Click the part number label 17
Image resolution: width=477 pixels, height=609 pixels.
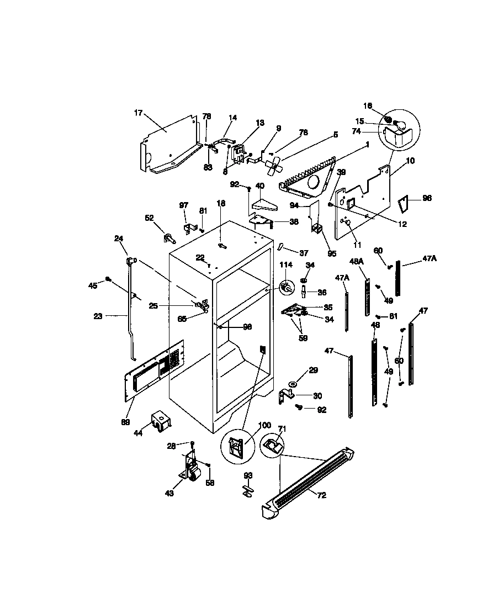pos(138,113)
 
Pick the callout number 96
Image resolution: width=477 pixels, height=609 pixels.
pos(427,198)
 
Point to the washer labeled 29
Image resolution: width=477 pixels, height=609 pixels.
pos(291,383)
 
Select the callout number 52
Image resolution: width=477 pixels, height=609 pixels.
pos(149,218)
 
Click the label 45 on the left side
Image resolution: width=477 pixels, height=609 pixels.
pos(93,285)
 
